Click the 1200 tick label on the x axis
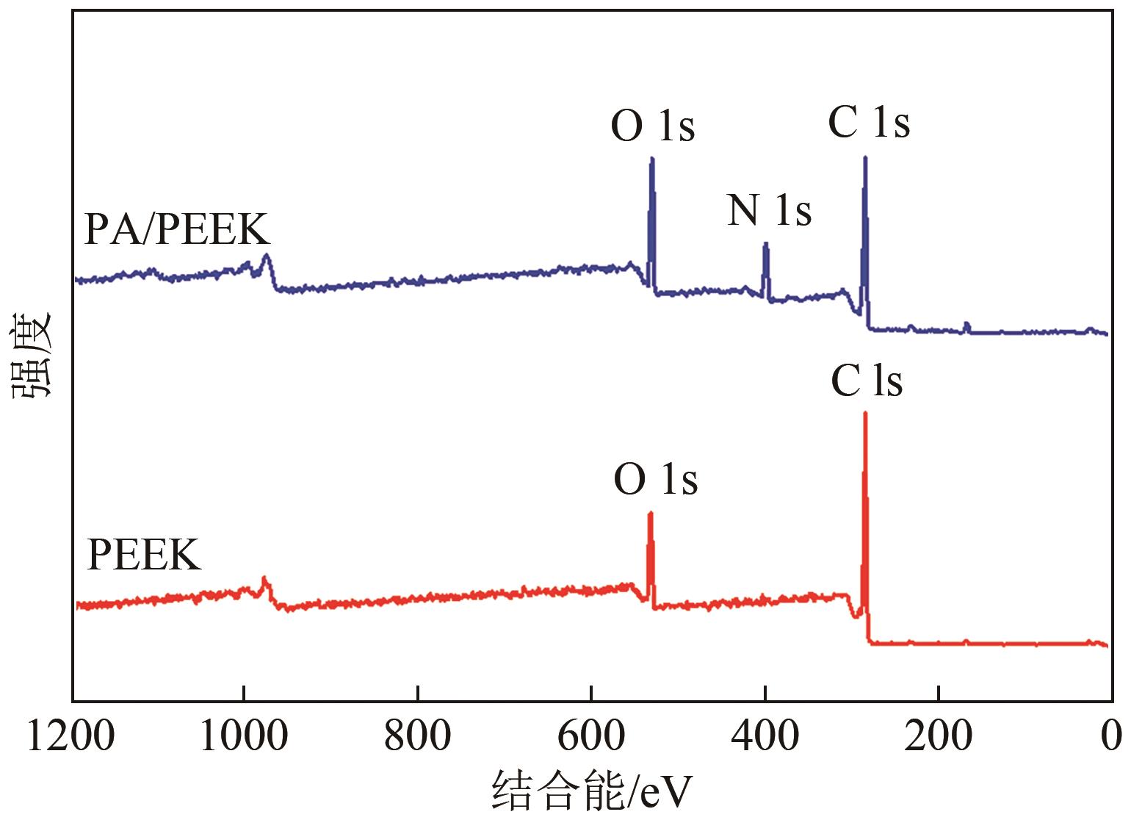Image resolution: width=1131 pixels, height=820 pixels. tap(71, 736)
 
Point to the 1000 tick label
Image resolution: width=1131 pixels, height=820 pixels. tap(244, 736)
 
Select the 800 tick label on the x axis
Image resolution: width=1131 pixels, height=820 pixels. tap(417, 736)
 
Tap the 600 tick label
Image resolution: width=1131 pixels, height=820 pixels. tap(591, 736)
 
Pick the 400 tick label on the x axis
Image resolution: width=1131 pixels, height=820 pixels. tap(765, 736)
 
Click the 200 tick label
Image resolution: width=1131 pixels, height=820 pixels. tap(938, 736)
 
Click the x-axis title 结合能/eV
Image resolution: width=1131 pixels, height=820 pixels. tap(591, 791)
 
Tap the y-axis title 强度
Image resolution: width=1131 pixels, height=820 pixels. tap(31, 355)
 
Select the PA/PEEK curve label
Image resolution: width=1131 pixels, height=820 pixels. tap(177, 229)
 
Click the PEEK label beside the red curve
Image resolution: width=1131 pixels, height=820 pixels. tap(144, 555)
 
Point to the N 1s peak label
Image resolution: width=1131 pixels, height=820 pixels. tap(769, 210)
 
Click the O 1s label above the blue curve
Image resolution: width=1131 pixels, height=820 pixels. tap(653, 126)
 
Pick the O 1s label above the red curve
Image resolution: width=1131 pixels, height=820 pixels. tap(656, 480)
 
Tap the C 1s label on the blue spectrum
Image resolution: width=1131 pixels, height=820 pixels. tap(869, 122)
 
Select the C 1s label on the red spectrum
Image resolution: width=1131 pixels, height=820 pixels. tap(867, 381)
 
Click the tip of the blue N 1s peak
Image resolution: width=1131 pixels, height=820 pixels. tap(766, 243)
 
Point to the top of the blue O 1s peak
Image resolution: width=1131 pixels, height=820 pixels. tap(651, 159)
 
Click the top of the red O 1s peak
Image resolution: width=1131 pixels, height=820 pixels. tap(650, 513)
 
